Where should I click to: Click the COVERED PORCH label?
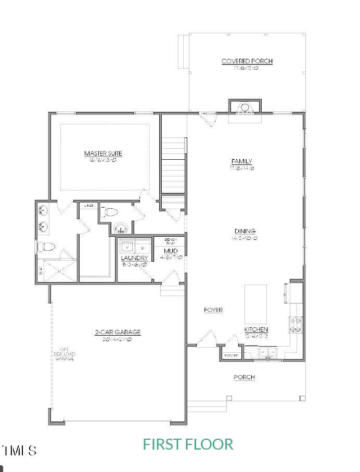click(247, 61)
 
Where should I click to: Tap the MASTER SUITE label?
click(103, 154)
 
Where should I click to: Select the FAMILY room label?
click(241, 161)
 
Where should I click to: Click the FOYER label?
click(213, 310)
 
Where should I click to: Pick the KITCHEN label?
click(256, 329)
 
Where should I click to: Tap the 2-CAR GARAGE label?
click(118, 332)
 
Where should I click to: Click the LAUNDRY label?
click(134, 258)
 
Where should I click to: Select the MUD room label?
click(171, 251)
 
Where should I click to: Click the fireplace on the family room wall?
click(244, 108)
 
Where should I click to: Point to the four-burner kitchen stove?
click(296, 325)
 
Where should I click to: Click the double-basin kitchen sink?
click(268, 352)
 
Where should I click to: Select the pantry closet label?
click(231, 355)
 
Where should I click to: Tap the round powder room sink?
click(121, 227)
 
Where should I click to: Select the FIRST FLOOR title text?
click(188, 444)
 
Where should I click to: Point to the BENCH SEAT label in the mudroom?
click(171, 241)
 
